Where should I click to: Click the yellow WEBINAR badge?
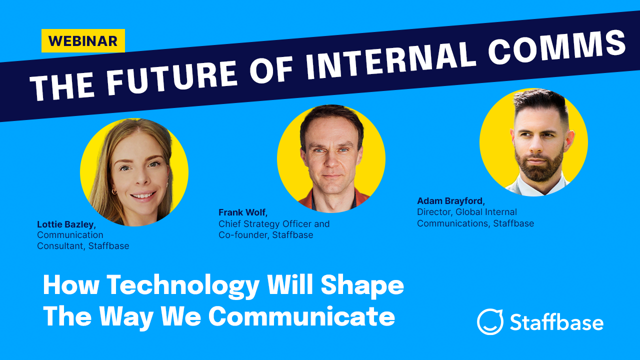[83, 41]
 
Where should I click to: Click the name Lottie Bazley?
[65, 224]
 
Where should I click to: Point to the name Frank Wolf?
[242, 212]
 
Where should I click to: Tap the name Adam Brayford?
[450, 201]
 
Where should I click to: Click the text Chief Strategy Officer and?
[274, 224]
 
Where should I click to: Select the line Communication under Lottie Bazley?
[70, 235]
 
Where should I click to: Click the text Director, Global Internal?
[466, 212]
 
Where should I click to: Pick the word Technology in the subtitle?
[183, 286]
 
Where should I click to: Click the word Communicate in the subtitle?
[301, 316]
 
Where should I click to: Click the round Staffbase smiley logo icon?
[489, 321]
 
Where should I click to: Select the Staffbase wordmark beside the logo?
[556, 322]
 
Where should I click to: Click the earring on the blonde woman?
[114, 191]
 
